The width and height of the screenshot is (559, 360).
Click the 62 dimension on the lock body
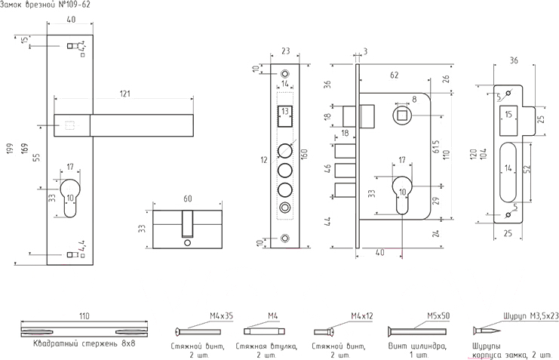click(394, 75)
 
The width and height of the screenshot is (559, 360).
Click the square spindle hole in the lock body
click(401, 114)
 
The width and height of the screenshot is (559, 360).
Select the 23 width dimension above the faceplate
click(285, 52)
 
